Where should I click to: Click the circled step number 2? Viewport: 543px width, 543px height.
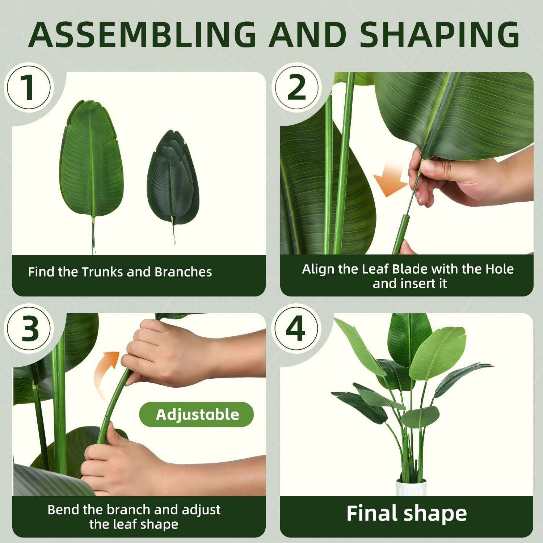point(296,88)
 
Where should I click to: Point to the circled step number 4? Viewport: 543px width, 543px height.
point(296,329)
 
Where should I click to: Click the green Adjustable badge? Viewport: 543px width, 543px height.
point(197,414)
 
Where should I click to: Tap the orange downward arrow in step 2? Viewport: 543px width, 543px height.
point(390,181)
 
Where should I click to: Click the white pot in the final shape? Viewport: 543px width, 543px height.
point(411,487)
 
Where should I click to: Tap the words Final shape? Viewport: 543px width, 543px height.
point(406,513)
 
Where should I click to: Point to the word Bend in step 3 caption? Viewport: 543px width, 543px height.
point(64,510)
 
